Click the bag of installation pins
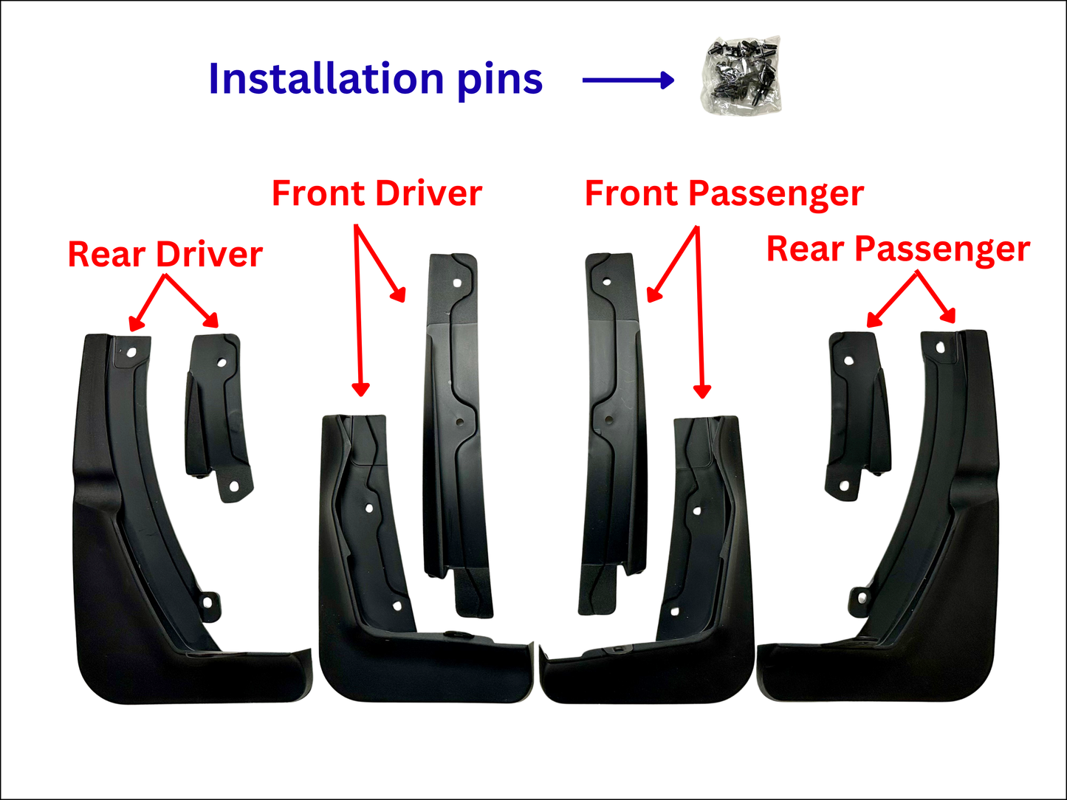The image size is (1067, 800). click(741, 77)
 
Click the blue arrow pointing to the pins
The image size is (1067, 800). click(628, 80)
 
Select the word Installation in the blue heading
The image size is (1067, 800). click(325, 79)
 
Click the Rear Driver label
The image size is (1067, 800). click(165, 255)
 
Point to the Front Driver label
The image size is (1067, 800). click(377, 193)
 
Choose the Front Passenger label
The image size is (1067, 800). click(724, 193)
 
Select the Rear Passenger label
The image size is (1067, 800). click(898, 249)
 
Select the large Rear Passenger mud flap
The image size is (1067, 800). click(916, 576)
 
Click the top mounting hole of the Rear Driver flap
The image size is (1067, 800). click(131, 353)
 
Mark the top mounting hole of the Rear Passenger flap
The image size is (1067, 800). click(939, 347)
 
